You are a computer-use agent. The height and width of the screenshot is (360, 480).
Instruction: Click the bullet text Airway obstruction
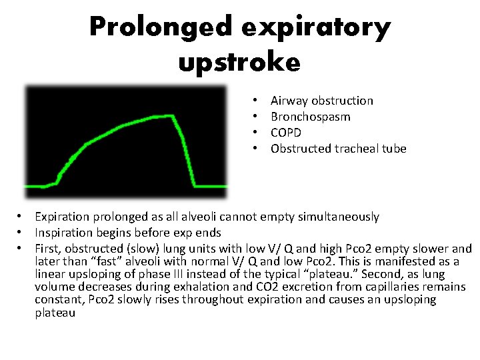(321, 101)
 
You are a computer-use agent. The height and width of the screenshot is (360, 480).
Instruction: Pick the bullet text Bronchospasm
(310, 117)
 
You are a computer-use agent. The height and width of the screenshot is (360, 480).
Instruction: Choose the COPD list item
(286, 133)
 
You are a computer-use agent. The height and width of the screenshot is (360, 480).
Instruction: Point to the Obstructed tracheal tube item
(338, 149)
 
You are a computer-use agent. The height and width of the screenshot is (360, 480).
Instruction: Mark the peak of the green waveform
(172, 116)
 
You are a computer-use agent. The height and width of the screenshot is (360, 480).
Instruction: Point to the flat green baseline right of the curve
(210, 185)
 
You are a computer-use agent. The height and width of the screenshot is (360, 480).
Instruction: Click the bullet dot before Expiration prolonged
(21, 217)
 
